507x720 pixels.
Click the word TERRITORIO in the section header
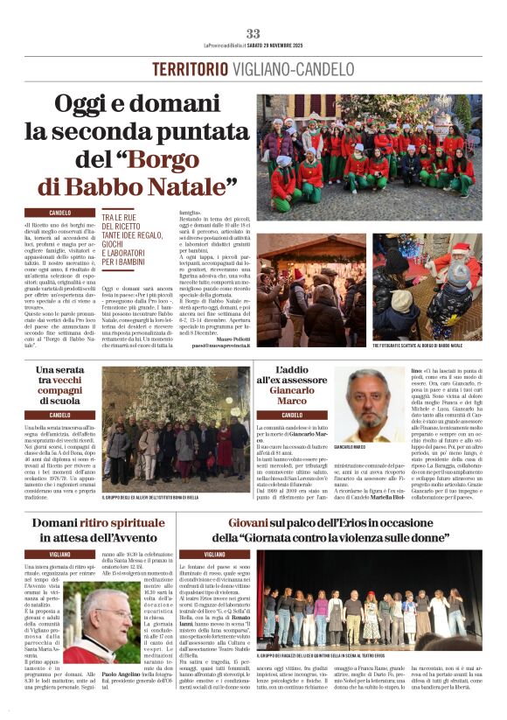pyautogui.click(x=195, y=68)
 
